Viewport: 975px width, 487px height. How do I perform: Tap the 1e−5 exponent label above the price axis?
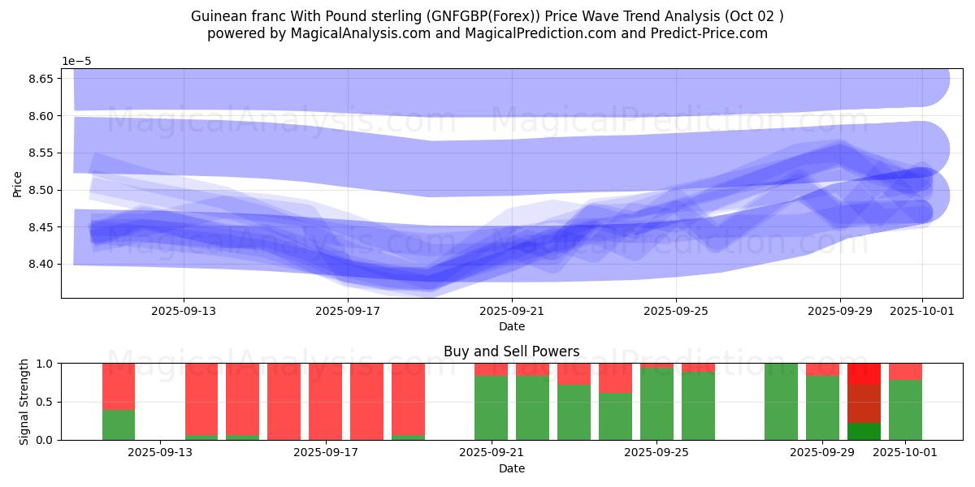click(78, 62)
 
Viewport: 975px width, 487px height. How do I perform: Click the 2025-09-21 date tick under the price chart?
click(512, 309)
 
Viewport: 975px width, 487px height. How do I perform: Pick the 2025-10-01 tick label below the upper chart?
click(922, 309)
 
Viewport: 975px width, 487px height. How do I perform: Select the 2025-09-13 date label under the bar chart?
click(160, 452)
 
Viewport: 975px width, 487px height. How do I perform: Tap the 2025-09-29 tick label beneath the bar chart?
click(823, 452)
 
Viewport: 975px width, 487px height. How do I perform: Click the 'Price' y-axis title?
click(18, 183)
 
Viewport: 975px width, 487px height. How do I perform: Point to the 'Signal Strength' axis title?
click(24, 402)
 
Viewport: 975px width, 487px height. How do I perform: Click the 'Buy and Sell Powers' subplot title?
click(512, 351)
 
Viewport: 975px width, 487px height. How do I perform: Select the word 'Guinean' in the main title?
click(217, 16)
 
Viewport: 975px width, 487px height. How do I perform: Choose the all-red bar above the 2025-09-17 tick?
click(325, 402)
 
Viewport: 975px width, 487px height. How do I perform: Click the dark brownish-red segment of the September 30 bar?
click(864, 403)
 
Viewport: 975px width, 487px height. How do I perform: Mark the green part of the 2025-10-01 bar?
click(905, 410)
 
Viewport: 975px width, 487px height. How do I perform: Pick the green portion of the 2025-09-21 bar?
click(491, 407)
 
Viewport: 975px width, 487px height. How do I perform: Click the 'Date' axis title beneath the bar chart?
click(512, 468)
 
